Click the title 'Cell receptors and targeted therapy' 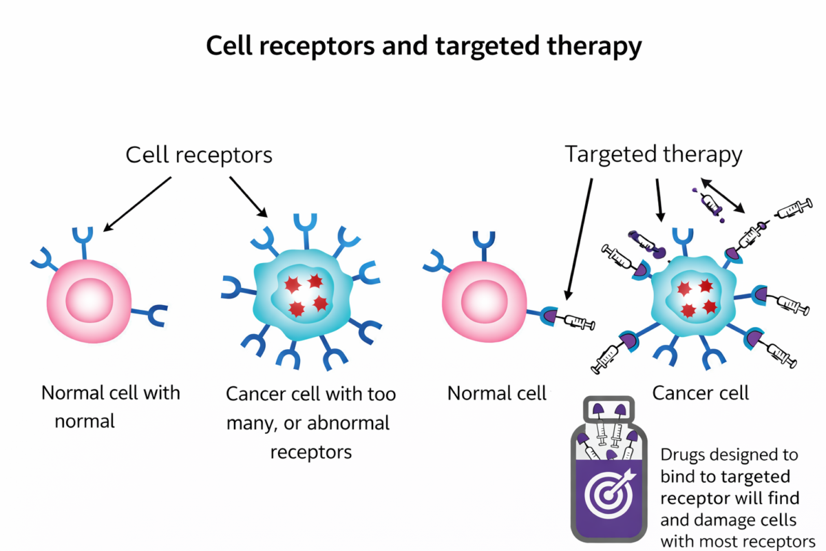point(423,47)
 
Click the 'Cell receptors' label point(199,155)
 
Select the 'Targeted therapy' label point(653,154)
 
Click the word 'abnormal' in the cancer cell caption point(348,422)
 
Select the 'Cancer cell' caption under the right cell point(700,393)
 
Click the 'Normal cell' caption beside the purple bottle point(496,393)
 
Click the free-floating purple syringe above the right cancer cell point(710,205)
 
